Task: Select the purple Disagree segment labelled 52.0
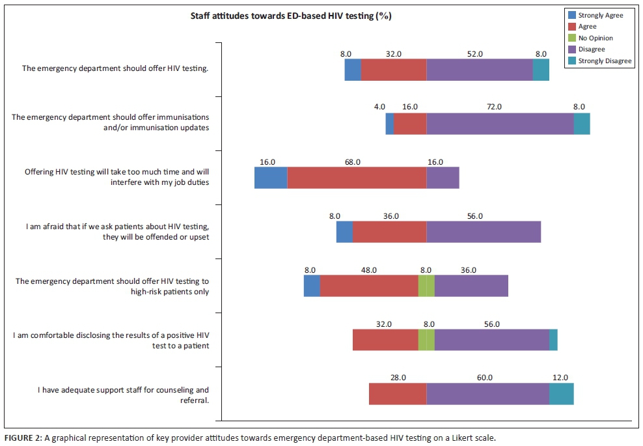pos(480,70)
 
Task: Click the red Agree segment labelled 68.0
pos(357,178)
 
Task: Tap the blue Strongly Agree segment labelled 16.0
pos(271,178)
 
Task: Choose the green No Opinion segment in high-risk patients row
pos(426,286)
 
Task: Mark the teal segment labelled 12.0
pos(561,394)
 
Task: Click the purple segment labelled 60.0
pos(487,394)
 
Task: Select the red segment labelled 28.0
pos(398,394)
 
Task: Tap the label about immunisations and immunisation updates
pos(111,122)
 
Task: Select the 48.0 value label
pos(369,270)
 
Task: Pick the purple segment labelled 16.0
pos(443,178)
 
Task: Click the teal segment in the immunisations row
pos(582,124)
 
